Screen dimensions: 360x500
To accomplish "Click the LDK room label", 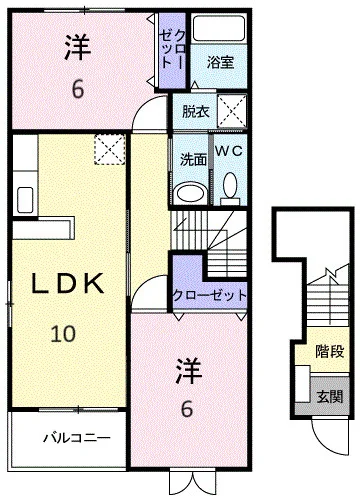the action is coord(67,283).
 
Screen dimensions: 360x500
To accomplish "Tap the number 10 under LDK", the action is coord(63,334).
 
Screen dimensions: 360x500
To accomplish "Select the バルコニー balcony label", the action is coord(77,437).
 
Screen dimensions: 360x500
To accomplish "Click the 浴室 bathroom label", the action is coord(220,62).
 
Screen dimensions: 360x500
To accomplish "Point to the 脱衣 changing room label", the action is coord(196,111).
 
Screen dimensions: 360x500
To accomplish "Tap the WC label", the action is coord(229,151).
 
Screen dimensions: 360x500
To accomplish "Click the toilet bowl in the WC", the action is coord(230,189).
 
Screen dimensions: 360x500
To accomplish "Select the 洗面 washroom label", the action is coord(193,160).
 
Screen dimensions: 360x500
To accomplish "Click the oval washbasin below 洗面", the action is coord(191,193).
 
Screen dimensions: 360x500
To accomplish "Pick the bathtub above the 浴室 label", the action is coord(219,28).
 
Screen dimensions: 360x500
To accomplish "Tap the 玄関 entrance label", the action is coord(330,397).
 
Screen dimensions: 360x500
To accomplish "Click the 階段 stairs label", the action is coord(330,352).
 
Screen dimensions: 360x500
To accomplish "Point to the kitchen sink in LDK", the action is coord(25,200).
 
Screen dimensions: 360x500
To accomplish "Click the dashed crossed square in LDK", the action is coord(110,149).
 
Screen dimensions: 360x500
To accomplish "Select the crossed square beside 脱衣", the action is coord(232,111).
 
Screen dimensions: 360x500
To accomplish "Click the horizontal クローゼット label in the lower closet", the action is coord(210,295).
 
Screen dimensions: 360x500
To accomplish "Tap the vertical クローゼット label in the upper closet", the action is coord(172,49).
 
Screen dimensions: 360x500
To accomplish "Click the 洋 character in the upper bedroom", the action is coord(78,47).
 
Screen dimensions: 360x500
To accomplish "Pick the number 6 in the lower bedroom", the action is coord(187,409).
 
